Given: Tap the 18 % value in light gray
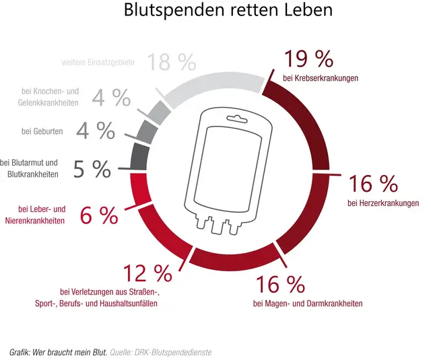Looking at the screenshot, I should pyautogui.click(x=172, y=63).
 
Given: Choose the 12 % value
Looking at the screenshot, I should pyautogui.click(x=147, y=274).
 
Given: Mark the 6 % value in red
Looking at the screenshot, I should pyautogui.click(x=99, y=215).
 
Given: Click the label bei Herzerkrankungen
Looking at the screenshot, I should pyautogui.click(x=383, y=203).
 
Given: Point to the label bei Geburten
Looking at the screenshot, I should pyautogui.click(x=42, y=131).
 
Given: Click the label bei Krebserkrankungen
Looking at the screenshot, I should pyautogui.click(x=321, y=78).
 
